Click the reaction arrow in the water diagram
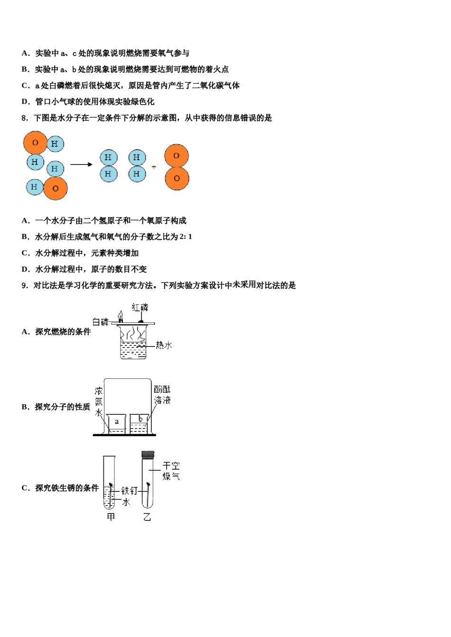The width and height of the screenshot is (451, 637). pos(81,164)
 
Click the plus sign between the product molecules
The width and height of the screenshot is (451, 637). pos(154,167)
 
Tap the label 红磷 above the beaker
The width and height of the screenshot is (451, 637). pos(140,308)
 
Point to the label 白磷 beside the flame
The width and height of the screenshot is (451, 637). pos(100,322)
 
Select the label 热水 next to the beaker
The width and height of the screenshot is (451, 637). pos(164,345)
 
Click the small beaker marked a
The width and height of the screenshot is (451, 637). pos(116,424)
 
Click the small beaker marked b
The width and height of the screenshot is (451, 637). pos(139,423)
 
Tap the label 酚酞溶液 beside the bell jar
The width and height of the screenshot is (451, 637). pos(162,395)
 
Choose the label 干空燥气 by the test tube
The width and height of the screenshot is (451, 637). pos(171,471)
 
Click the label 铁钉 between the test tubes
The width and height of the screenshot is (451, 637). pos(129,491)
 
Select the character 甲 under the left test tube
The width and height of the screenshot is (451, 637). pos(111,517)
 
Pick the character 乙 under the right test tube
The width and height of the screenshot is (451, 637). pos(147,517)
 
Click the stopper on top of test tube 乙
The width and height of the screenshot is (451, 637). pos(148,455)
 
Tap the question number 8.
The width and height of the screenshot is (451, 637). pos(25,118)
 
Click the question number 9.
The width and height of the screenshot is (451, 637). pos(25,285)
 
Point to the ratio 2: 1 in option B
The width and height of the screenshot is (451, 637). pos(186,237)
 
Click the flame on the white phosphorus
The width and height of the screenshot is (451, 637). pos(121,316)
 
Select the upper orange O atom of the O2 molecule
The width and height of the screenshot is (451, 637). pos(177,156)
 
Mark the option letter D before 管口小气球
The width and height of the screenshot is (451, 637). pos(25,101)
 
